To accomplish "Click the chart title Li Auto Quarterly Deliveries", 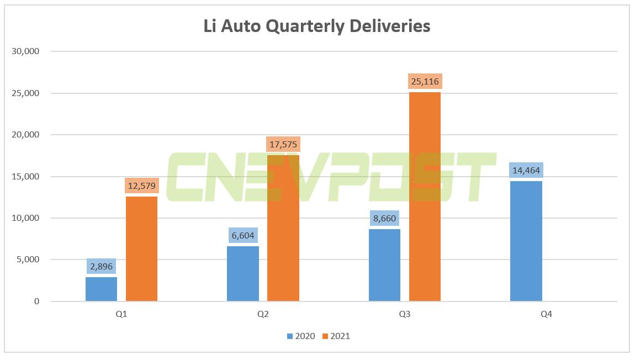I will point(316,26).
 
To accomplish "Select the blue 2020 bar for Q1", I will point(101,289).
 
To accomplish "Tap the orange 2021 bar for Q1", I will point(141,249).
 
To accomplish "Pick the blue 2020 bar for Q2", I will point(243,273).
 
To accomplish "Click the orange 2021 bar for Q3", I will point(425,197).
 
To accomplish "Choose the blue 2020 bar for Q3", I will point(384,265).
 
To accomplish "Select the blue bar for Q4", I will point(526,241).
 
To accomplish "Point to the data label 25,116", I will point(425,82).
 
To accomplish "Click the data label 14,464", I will point(526,171).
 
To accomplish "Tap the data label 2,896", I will point(101,267).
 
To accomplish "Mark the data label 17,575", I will point(283,145).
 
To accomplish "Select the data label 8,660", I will point(384,218).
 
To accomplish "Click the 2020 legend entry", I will point(301,336).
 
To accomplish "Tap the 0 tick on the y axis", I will point(37,301).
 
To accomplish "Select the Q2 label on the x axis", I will point(263,315).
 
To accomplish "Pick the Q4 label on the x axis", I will point(546,315).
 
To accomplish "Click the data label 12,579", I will point(141,186).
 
